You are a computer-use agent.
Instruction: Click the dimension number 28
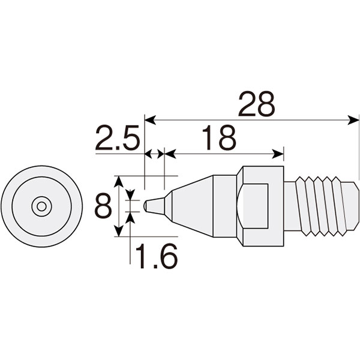click(256, 104)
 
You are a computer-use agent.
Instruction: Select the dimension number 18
click(219, 137)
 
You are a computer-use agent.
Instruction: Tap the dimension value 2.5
click(118, 137)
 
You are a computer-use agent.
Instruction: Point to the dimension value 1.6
click(157, 256)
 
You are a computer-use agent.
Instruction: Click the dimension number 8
click(103, 206)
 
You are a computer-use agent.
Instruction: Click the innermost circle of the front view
click(41, 206)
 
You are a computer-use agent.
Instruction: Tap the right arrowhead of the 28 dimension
click(353, 120)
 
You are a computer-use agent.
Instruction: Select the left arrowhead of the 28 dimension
click(150, 120)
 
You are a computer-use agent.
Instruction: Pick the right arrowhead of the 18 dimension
click(278, 154)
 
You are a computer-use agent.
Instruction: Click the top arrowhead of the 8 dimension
click(118, 181)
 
